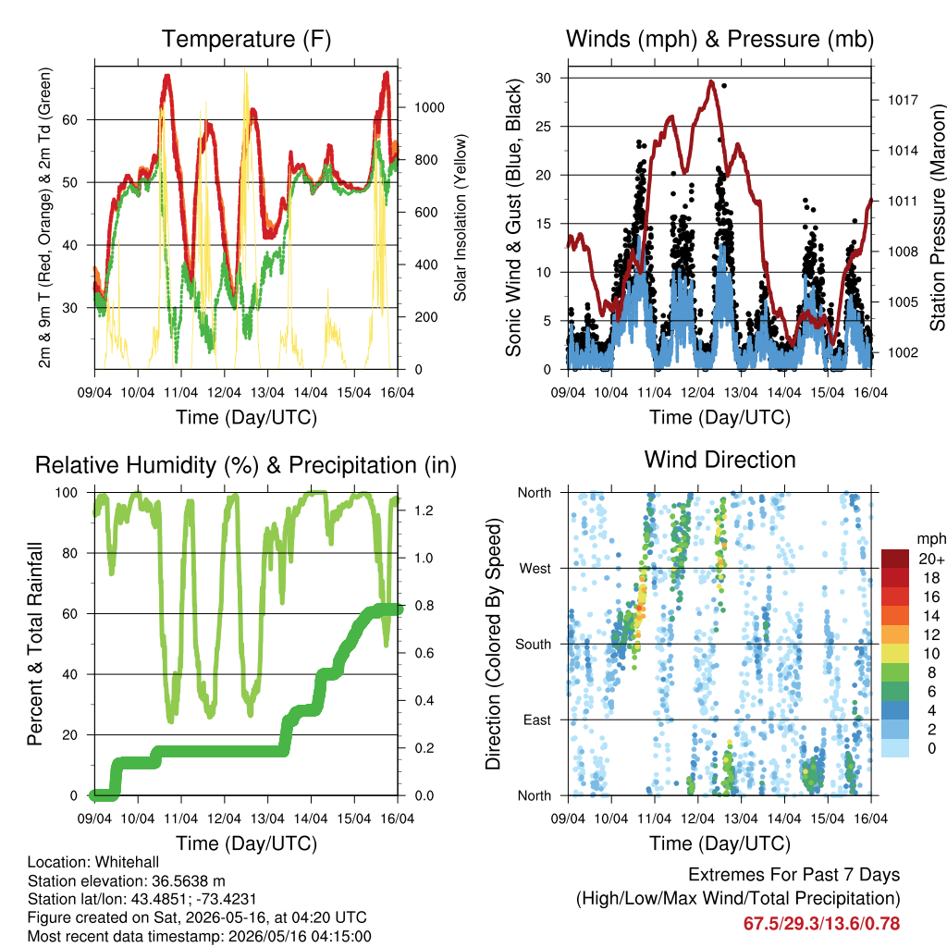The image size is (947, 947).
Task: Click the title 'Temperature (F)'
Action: pyautogui.click(x=246, y=39)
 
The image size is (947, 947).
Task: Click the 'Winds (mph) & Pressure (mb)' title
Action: pyautogui.click(x=719, y=39)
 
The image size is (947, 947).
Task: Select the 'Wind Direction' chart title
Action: pyautogui.click(x=719, y=460)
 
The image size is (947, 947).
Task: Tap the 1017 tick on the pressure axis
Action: pyautogui.click(x=903, y=100)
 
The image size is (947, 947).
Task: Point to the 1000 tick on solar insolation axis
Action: pyautogui.click(x=429, y=107)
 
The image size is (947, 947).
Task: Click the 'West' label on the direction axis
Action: pyautogui.click(x=535, y=569)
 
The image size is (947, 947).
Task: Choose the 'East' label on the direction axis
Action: pyautogui.click(x=537, y=719)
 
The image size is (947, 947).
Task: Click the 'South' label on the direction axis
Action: pyautogui.click(x=534, y=645)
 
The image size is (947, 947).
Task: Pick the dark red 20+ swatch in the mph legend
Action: pyautogui.click(x=895, y=559)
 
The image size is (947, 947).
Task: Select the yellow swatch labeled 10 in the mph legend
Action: pyautogui.click(x=895, y=654)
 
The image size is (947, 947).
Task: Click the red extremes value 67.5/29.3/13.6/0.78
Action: pyautogui.click(x=821, y=924)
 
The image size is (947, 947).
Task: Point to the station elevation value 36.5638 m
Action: pyautogui.click(x=186, y=880)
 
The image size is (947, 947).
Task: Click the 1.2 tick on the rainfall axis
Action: pyautogui.click(x=424, y=510)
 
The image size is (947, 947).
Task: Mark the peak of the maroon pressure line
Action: pyautogui.click(x=712, y=81)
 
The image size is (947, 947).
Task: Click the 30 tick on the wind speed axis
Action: pyautogui.click(x=543, y=78)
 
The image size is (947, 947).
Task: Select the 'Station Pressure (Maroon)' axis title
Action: pyautogui.click(x=937, y=217)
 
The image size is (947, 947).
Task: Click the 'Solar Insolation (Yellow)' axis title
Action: pyautogui.click(x=461, y=217)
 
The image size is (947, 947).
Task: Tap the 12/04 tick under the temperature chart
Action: pyautogui.click(x=224, y=392)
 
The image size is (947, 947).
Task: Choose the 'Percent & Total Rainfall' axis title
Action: pyautogui.click(x=35, y=644)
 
